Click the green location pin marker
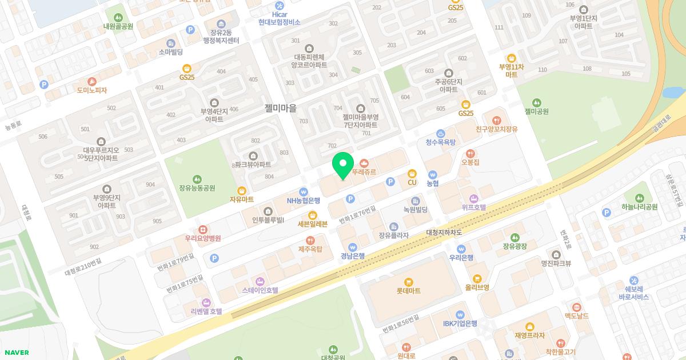pyautogui.click(x=343, y=165)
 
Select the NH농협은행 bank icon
pyautogui.click(x=303, y=192)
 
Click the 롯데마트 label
pyautogui.click(x=408, y=291)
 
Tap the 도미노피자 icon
pyautogui.click(x=91, y=82)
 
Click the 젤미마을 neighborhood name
pyautogui.click(x=281, y=108)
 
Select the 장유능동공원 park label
pyautogui.click(x=197, y=187)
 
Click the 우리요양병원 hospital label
pyautogui.click(x=202, y=238)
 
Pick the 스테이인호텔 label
pyautogui.click(x=260, y=290)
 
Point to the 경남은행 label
pyautogui.click(x=353, y=255)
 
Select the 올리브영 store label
pyautogui.click(x=477, y=287)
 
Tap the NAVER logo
pyautogui.click(x=15, y=353)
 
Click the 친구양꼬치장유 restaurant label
pyautogui.click(x=496, y=130)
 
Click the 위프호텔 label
pyautogui.click(x=474, y=207)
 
